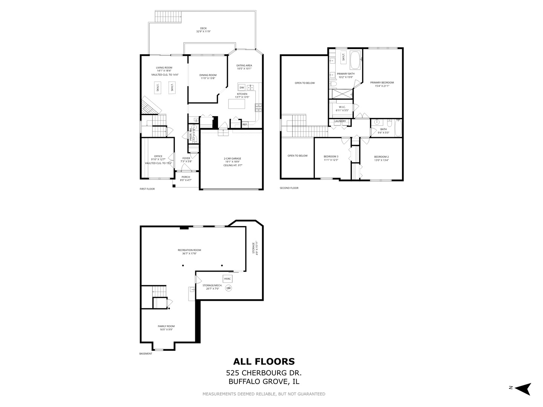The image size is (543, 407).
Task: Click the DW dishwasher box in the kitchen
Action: tap(242, 87)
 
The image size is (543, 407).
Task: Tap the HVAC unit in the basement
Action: tap(227, 279)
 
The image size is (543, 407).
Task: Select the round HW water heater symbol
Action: tap(229, 288)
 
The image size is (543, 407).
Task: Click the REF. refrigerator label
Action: tap(245, 124)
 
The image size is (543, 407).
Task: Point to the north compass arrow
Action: tap(523, 389)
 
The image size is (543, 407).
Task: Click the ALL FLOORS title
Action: tap(264, 362)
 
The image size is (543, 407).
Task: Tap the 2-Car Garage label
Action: tap(232, 159)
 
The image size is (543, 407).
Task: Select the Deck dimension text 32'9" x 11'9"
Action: tap(203, 32)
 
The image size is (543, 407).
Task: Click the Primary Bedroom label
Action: tap(382, 83)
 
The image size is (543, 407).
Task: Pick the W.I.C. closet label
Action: tap(342, 107)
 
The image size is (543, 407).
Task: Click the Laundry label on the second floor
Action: tap(340, 121)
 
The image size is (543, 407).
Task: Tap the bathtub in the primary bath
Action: tap(355, 60)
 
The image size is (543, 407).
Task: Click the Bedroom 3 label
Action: tap(331, 156)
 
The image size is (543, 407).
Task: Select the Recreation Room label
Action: tap(189, 250)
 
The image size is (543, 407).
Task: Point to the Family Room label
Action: tap(166, 326)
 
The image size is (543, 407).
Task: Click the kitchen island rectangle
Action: tap(237, 104)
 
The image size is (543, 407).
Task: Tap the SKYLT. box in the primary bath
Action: tap(344, 57)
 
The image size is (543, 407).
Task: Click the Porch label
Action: tap(186, 177)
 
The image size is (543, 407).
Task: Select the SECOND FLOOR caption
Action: tap(289, 188)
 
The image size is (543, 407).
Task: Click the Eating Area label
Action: tap(244, 66)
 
